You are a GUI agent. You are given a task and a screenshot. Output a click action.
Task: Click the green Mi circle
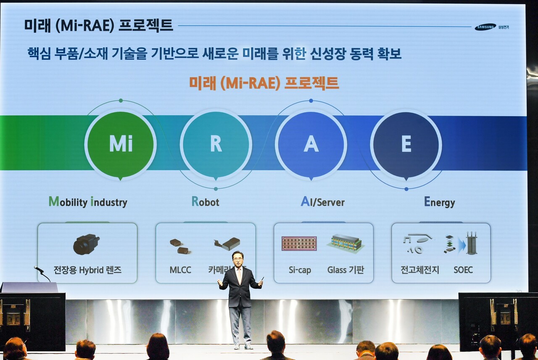click(121, 144)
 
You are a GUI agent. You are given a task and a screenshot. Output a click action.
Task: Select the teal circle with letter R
click(216, 144)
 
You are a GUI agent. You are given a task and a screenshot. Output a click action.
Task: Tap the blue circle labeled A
click(311, 144)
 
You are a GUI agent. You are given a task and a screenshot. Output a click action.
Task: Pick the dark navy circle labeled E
click(406, 144)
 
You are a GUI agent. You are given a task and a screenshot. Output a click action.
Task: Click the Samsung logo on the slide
click(485, 27)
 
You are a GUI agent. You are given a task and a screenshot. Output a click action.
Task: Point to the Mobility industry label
click(88, 202)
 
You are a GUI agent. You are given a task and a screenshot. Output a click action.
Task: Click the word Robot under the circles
click(206, 202)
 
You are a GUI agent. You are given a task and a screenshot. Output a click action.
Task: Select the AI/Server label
click(322, 202)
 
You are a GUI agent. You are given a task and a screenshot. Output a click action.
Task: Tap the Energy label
click(439, 202)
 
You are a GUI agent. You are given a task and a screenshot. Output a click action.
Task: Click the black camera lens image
click(86, 244)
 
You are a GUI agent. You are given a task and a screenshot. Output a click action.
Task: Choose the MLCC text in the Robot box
click(180, 270)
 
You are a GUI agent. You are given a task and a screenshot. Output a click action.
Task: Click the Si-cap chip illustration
click(299, 244)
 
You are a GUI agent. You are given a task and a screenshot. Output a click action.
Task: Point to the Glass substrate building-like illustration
click(345, 243)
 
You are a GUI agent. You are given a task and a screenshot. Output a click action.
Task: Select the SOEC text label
click(463, 270)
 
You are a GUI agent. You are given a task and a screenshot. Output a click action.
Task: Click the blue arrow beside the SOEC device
click(462, 245)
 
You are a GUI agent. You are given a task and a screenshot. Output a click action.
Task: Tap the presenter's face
click(238, 259)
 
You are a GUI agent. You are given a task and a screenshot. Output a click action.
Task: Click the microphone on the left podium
click(39, 269)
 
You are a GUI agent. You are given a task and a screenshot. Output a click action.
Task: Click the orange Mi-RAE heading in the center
click(264, 83)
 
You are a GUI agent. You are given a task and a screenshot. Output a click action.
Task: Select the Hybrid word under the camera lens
click(91, 270)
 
